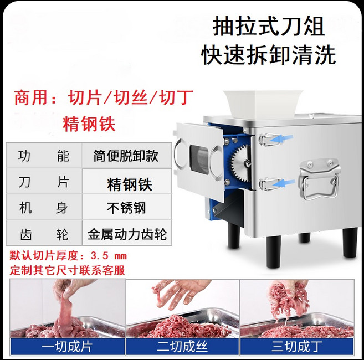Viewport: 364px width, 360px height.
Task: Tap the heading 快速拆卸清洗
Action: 269,55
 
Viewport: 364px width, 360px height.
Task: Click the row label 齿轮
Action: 44,234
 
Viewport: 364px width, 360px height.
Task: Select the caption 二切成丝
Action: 182,347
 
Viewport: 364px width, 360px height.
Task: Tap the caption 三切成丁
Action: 297,347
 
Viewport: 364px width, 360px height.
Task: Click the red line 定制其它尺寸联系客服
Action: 68,271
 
